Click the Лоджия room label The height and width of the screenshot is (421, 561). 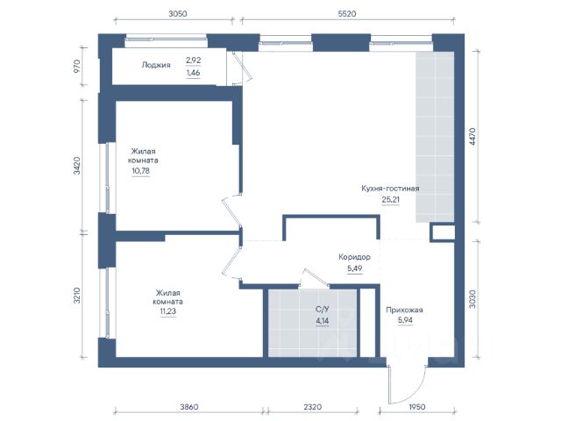click(x=156, y=65)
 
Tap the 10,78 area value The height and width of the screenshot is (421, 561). click(x=140, y=171)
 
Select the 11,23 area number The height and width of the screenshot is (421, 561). click(x=167, y=311)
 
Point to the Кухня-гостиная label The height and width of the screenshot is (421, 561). click(x=390, y=189)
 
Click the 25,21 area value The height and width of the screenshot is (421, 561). click(x=390, y=199)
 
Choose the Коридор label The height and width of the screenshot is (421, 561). click(x=354, y=257)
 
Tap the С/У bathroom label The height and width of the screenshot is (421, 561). click(x=322, y=310)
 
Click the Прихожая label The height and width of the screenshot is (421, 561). click(x=404, y=310)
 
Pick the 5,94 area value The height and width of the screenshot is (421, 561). click(x=405, y=320)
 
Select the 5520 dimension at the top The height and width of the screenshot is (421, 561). click(x=347, y=14)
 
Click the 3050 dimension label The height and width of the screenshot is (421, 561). click(x=177, y=14)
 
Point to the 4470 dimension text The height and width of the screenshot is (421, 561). click(x=472, y=137)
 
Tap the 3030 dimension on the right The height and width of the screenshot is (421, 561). click(x=472, y=299)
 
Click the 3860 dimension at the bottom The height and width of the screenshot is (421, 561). click(x=189, y=407)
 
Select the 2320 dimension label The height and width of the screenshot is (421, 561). click(x=312, y=407)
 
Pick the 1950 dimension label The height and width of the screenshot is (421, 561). click(x=417, y=407)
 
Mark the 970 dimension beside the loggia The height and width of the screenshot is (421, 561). click(x=76, y=67)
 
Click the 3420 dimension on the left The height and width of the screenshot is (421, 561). click(x=76, y=166)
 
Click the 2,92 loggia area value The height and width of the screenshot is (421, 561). click(x=193, y=61)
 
